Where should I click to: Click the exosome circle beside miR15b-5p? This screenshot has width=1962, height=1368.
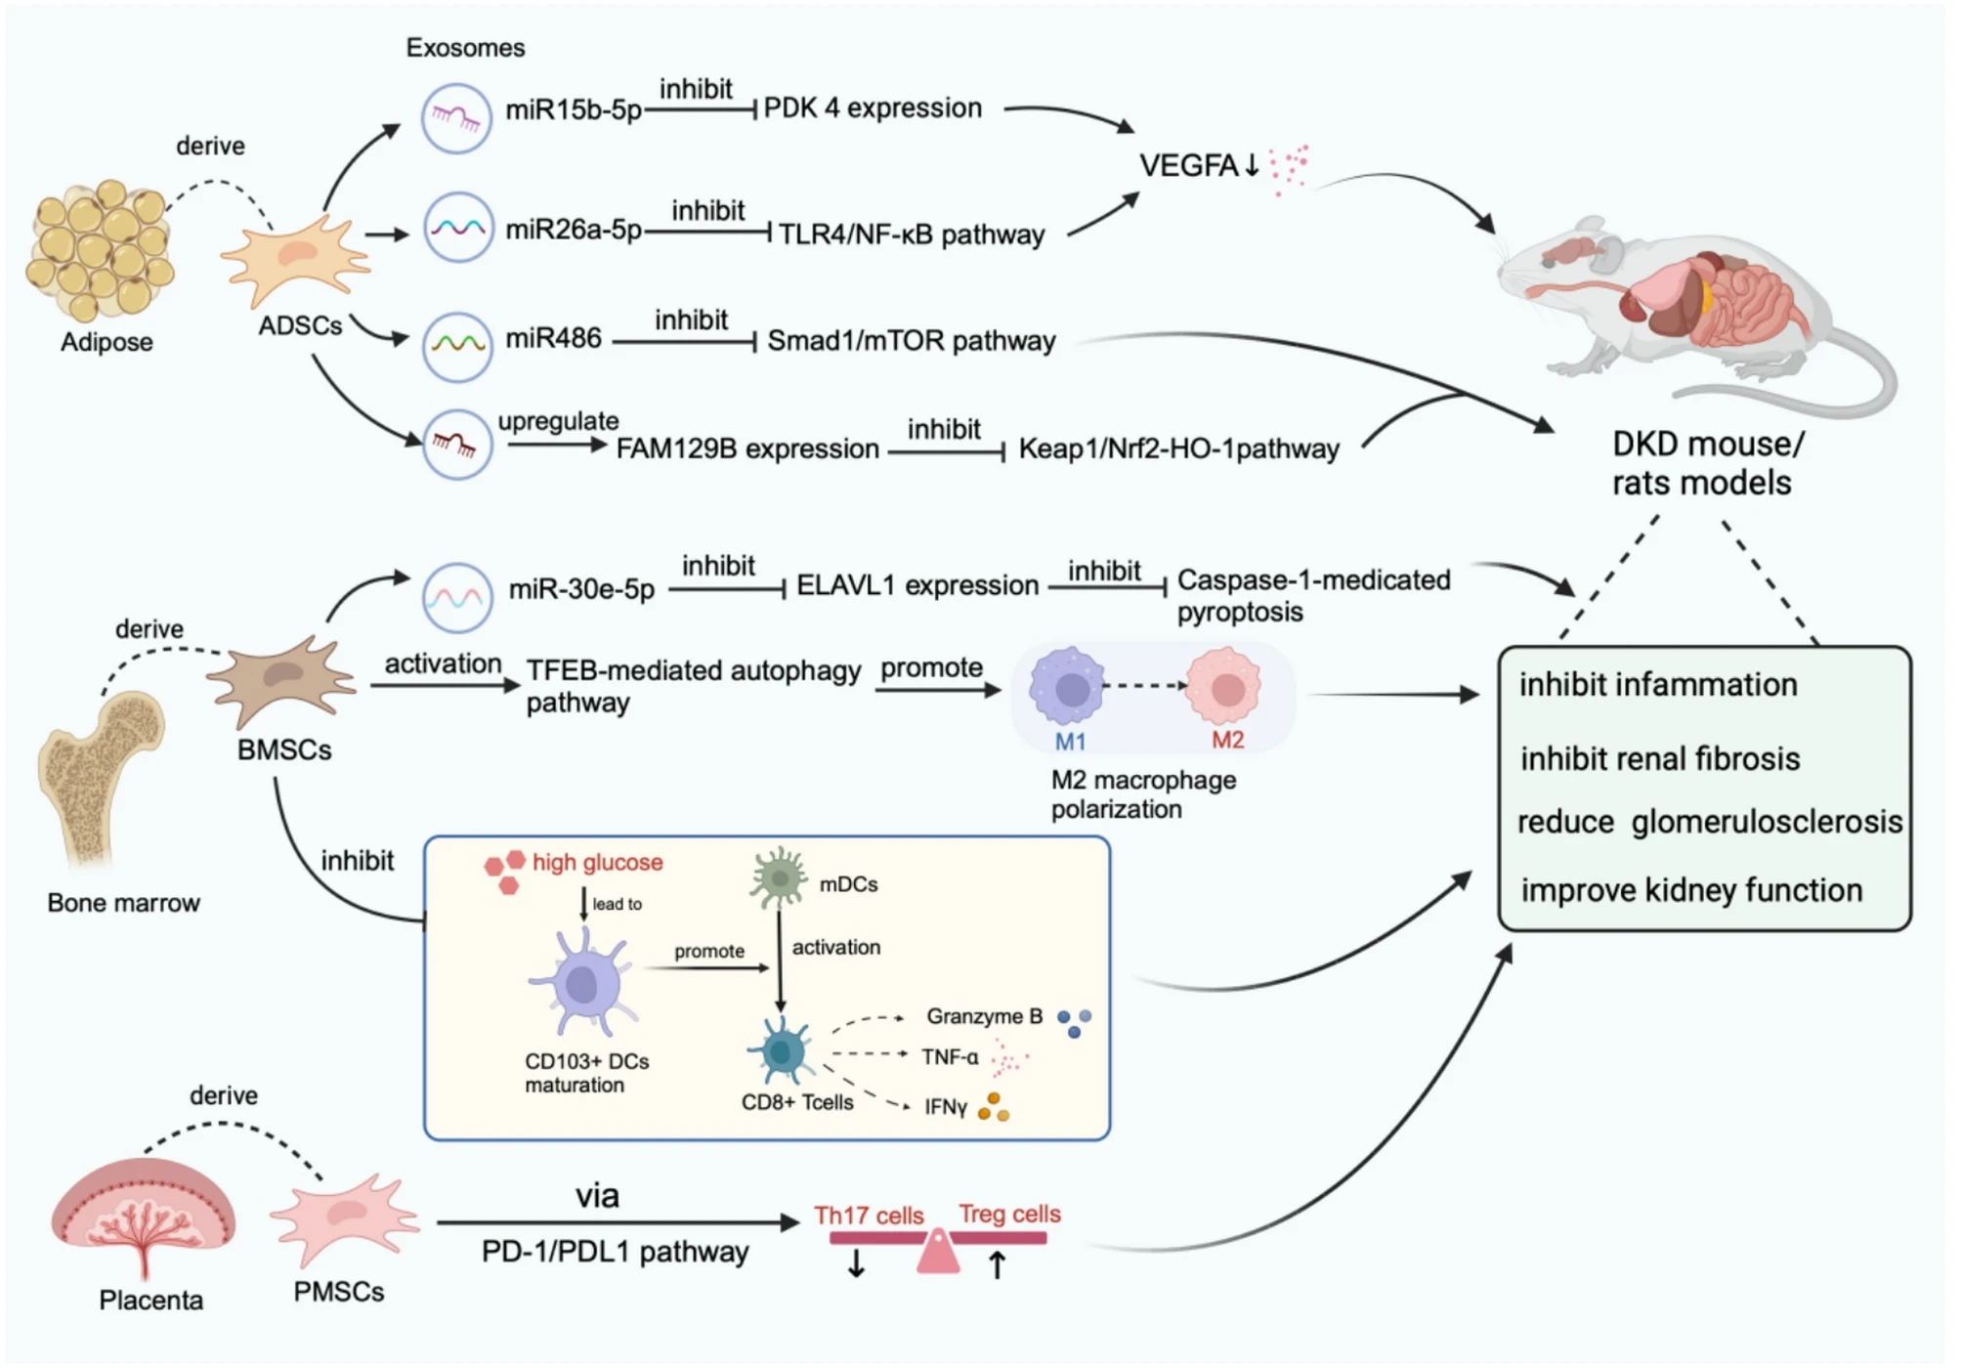[x=456, y=118]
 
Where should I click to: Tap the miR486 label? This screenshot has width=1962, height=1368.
[x=553, y=339]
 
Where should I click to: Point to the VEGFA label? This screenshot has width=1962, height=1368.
[x=1188, y=166]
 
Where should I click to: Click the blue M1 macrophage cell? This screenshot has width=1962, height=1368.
[x=1069, y=687]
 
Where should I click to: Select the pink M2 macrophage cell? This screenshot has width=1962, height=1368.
[x=1225, y=687]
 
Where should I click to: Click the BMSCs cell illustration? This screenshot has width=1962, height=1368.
[x=282, y=677]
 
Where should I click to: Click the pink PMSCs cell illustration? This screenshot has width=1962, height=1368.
[x=344, y=1218]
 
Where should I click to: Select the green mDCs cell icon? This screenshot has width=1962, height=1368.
[x=779, y=876]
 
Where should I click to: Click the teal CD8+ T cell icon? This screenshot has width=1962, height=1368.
[x=781, y=1050]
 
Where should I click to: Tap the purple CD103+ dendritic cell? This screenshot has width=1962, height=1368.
[x=583, y=982]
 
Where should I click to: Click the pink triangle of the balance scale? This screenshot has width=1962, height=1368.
[x=938, y=1253]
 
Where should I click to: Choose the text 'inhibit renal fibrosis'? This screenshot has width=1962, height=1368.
[x=1659, y=759]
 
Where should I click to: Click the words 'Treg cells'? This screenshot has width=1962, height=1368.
[x=1009, y=1215]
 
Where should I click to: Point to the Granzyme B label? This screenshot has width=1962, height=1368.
[x=984, y=1017]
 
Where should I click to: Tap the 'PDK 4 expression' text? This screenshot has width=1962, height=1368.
[x=873, y=108]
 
